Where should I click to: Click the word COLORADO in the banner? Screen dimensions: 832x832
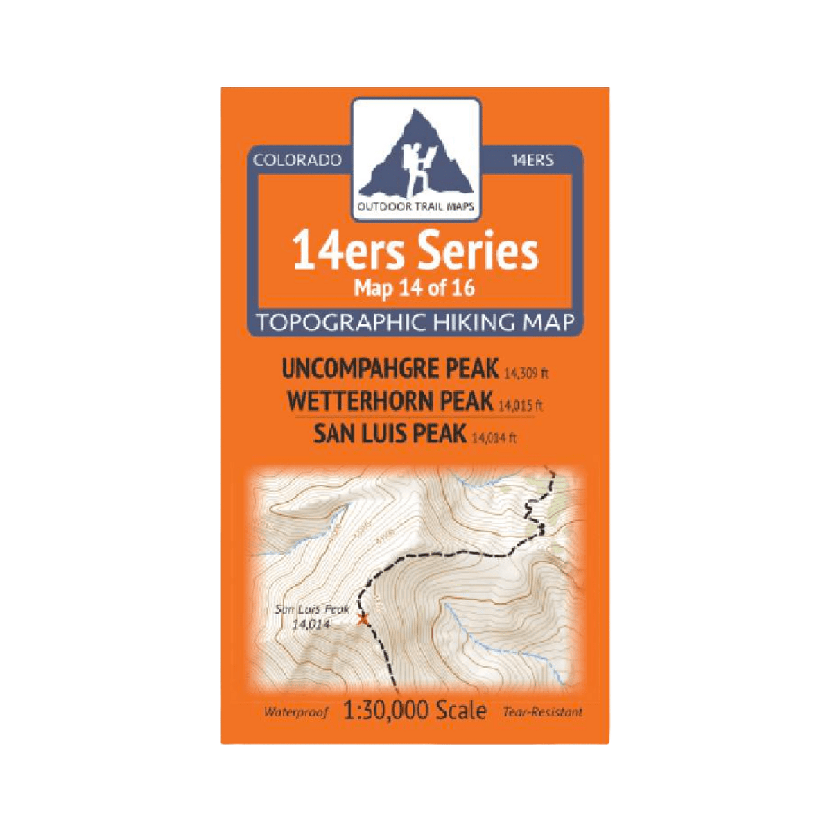coord(297,160)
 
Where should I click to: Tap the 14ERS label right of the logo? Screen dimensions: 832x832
coord(532,160)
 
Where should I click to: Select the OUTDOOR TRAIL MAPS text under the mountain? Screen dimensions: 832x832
coord(416,207)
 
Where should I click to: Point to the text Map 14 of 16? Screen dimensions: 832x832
coord(415,288)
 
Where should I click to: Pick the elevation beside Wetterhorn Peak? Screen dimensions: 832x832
coord(520,406)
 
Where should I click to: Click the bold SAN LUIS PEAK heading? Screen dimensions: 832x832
coord(390,433)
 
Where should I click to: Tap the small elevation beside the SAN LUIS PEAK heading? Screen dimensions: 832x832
coord(494,437)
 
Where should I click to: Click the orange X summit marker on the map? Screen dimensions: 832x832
coord(361,619)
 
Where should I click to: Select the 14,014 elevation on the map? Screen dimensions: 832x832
coord(311,624)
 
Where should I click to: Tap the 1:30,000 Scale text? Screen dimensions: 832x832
coord(415,711)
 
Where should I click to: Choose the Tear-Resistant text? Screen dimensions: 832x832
coord(543,712)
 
